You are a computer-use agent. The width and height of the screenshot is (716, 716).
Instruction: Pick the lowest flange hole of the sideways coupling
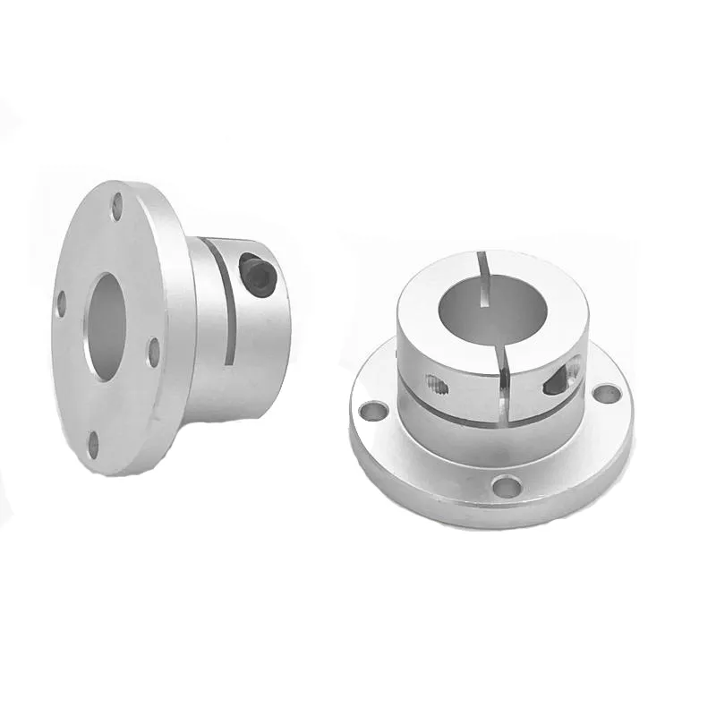click(x=93, y=442)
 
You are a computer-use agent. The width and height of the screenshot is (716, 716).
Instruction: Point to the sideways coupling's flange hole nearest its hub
click(x=153, y=352)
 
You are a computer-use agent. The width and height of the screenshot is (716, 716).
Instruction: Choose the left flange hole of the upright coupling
click(x=369, y=411)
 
